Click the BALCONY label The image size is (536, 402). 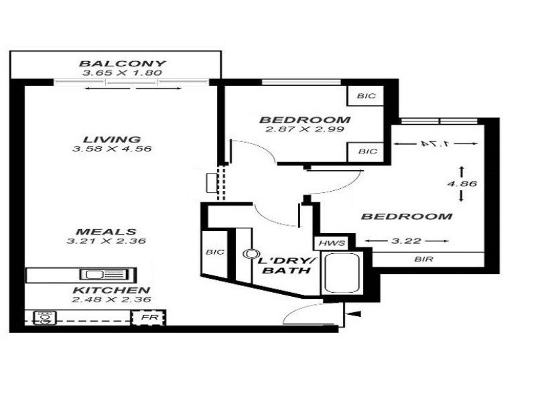click(122, 64)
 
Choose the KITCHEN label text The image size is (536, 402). click(111, 290)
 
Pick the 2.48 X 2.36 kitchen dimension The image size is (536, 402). click(111, 299)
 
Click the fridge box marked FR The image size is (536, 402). click(147, 318)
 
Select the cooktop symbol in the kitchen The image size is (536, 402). click(45, 318)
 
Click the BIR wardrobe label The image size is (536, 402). click(423, 258)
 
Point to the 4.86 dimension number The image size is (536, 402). click(462, 182)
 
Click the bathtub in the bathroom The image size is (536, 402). click(342, 273)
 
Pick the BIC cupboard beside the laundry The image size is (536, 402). click(214, 253)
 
